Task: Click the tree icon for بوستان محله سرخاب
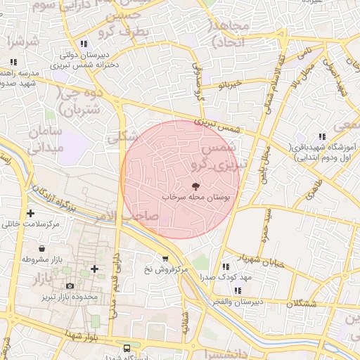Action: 195,186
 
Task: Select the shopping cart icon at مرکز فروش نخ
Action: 165,258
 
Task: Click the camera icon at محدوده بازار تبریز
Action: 70,286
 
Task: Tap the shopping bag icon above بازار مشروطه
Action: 42,248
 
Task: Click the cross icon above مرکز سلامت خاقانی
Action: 30,213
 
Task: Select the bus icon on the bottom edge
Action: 127,348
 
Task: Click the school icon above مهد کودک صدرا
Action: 226,266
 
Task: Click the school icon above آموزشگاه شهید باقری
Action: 322,136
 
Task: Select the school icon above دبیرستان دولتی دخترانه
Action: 84,44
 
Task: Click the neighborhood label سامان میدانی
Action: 45,139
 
